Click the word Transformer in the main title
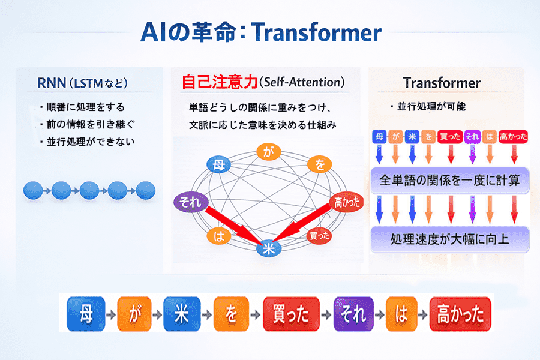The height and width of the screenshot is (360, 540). coord(316,32)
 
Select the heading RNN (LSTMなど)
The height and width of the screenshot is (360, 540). coord(83,83)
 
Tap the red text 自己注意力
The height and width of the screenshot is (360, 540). coord(220,82)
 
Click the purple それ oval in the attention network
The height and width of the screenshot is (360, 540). coord(191,202)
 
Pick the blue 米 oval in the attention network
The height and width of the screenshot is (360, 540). coord(269,248)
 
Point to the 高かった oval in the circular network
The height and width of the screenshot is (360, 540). coord(346,202)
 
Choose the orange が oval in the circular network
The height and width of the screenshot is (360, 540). coord(269,152)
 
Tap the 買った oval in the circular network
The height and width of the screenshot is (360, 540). coord(319,236)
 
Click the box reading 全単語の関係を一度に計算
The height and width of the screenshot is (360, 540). coord(450,180)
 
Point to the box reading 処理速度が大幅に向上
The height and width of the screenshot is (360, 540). coord(450,239)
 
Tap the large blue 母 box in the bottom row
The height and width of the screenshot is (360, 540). coord(86,314)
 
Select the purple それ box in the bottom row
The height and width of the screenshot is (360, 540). coord(353,314)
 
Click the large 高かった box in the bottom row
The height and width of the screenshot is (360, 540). coord(460,314)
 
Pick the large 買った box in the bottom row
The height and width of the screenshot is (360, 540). coord(291,314)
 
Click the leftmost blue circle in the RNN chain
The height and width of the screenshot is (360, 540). coord(33,190)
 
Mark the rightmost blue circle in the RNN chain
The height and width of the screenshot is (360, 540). coord(146,190)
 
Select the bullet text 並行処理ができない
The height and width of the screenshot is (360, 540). coord(91,142)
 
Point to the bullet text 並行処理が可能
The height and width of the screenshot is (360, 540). coord(431,106)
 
